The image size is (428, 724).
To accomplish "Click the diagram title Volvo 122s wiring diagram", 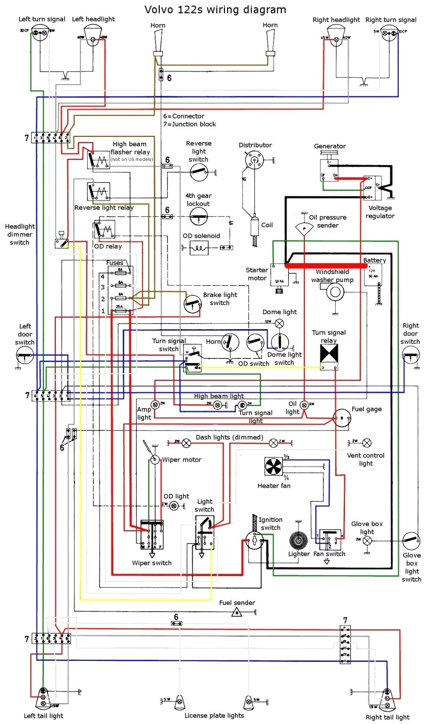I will (215, 9).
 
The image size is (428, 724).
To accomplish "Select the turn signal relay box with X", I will (330, 354).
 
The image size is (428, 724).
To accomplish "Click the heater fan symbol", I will (272, 466).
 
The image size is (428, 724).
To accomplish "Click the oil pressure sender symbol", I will (304, 228).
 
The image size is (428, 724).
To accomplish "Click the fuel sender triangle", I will (236, 612).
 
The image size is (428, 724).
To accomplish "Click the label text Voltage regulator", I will (380, 212).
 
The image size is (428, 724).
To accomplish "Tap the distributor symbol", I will (254, 159).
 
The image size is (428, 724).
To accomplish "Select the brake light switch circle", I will (193, 303).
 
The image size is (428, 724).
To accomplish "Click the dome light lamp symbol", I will (279, 322).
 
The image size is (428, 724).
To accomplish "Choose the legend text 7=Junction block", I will (189, 124).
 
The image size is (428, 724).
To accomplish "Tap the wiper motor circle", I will (154, 459).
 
